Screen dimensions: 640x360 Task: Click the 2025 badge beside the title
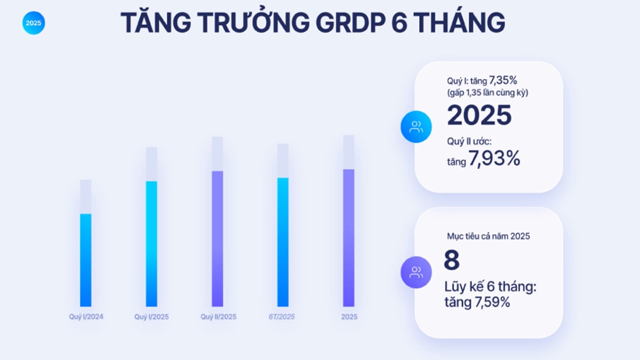33,23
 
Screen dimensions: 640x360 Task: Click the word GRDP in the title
351,22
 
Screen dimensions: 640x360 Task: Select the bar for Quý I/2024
85,260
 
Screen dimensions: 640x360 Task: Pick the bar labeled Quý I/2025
151,243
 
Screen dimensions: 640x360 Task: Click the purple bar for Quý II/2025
217,238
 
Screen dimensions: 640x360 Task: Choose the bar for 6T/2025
283,242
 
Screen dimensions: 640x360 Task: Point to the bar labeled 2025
348,237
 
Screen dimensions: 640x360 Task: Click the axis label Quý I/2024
86,317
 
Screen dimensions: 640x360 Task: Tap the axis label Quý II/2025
218,317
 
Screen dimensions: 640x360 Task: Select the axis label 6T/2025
281,317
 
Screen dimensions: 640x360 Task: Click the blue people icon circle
416,126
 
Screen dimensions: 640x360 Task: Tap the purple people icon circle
416,272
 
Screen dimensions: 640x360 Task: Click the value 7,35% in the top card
503,80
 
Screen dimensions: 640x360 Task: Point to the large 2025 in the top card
479,115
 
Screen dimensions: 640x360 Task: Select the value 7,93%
494,158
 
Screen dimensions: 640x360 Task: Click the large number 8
451,259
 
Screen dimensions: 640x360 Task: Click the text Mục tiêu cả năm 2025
488,236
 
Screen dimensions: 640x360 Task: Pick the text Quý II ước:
469,141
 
